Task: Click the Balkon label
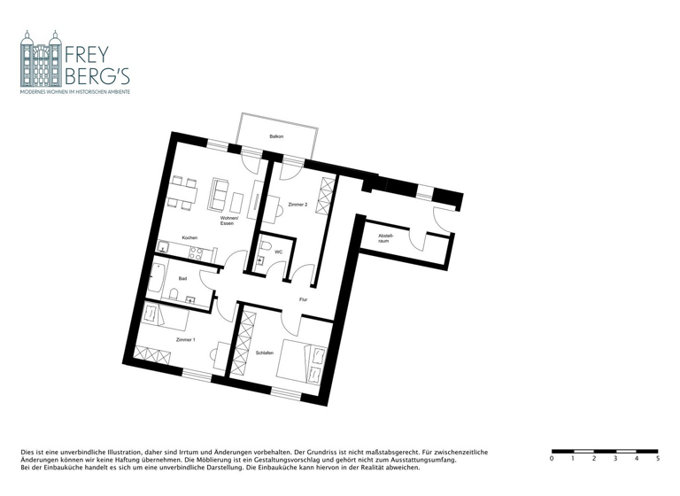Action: [276, 136]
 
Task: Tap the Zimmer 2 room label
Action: [297, 205]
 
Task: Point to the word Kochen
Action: [189, 238]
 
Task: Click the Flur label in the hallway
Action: [303, 300]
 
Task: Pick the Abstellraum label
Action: [385, 237]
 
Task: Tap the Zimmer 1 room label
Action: [186, 340]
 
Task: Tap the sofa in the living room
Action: [220, 192]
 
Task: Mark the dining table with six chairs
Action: [181, 194]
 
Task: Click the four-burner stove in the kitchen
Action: [197, 253]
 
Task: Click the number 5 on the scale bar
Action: [657, 459]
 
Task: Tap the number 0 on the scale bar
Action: [552, 459]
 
